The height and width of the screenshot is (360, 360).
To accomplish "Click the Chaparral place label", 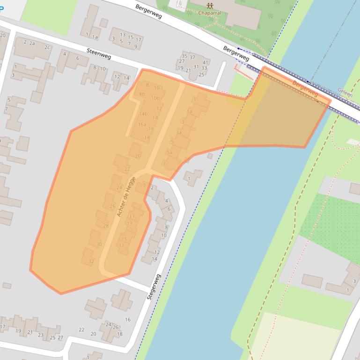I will point(209,13).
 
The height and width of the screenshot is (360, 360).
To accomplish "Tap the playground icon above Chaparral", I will point(210,6).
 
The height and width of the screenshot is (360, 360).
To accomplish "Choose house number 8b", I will point(142,94).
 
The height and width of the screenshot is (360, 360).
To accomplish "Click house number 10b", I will point(155,98).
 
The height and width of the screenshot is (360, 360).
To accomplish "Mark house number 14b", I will point(143,114).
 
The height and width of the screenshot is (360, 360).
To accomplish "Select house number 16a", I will point(142,124).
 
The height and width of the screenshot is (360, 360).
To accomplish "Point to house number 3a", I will point(178,133).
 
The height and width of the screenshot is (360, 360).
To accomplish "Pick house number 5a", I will point(169,152).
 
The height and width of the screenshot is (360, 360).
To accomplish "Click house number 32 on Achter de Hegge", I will point(91,261).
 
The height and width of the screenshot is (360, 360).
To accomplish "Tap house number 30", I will point(99,244).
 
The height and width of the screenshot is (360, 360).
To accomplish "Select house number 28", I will point(105,226).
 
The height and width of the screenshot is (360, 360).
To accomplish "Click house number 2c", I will point(47,47).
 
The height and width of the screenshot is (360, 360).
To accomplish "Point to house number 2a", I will point(32,43).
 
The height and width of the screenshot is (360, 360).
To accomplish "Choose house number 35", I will point(184,57).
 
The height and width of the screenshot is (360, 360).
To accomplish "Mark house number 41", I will point(205,62).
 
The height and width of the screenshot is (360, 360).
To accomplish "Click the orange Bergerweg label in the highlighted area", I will point(305,88).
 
